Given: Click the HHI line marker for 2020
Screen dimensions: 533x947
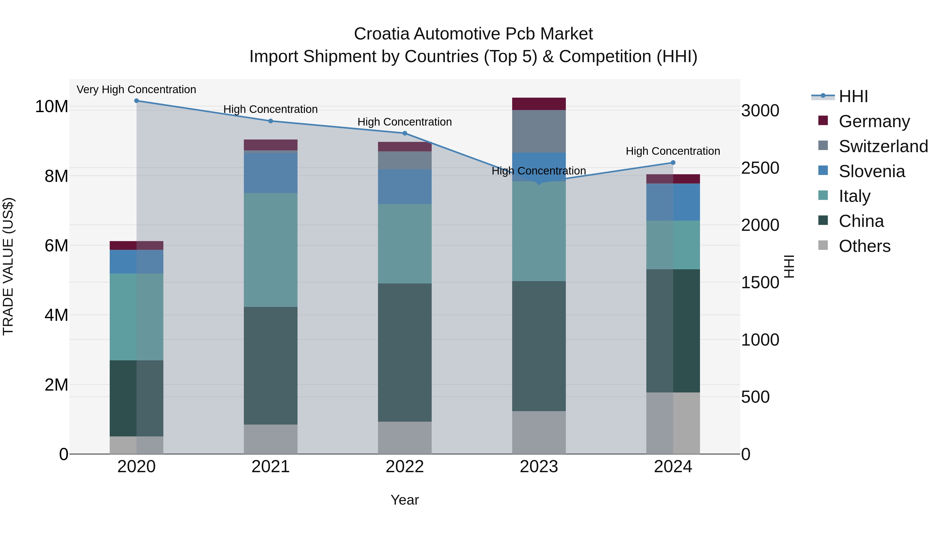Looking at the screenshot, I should [136, 101].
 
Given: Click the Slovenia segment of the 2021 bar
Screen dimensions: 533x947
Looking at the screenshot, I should [271, 173].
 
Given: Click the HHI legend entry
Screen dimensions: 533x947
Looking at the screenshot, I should [853, 96].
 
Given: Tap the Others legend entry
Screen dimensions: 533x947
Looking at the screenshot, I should [864, 246].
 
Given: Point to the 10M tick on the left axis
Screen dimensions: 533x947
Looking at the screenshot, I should [52, 107].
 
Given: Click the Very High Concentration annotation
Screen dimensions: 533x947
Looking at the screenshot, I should [136, 89].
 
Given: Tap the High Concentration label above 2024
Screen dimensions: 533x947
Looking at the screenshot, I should [672, 151].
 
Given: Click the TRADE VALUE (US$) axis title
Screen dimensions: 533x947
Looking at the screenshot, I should [8, 266].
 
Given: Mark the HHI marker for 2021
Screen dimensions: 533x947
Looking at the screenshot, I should [271, 121].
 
